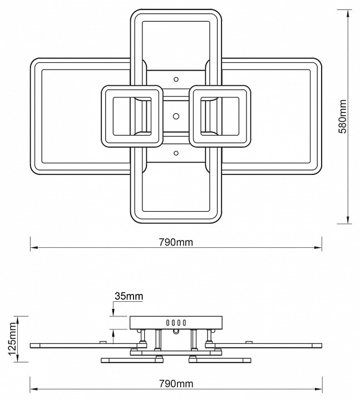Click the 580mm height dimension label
[343, 116]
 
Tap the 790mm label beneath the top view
[176, 243]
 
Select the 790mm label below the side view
[176, 384]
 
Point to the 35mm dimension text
[129, 296]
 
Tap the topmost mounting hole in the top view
[176, 79]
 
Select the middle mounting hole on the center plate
[176, 116]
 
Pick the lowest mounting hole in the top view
[176, 153]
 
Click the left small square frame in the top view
[131, 116]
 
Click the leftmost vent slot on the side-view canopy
[166, 322]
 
